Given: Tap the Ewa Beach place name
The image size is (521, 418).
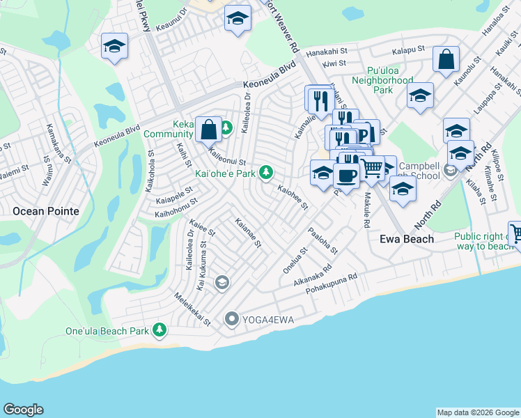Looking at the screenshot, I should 407,239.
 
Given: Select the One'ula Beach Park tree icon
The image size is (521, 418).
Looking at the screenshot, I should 160,329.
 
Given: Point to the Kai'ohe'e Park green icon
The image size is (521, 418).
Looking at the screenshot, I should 265,172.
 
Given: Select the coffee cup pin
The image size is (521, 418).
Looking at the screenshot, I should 346,175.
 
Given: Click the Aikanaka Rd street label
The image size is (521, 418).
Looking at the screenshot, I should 313,274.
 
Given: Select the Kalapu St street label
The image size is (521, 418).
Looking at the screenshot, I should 408,51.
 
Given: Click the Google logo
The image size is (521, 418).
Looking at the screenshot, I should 23,410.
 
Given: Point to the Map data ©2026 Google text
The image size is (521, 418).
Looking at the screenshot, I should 478,412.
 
